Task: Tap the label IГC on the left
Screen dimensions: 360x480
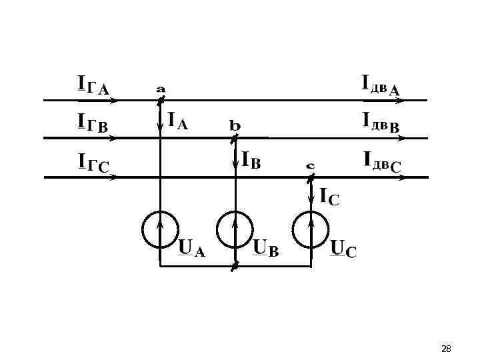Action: tap(93, 163)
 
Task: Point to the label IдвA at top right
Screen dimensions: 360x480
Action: tap(381, 84)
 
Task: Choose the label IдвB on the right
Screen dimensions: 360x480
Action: tap(381, 121)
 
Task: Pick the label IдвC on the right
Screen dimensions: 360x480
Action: tap(382, 161)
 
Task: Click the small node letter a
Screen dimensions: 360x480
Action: tap(161, 88)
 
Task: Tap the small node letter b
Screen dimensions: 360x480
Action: tap(235, 125)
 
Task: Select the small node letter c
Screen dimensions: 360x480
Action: tap(311, 165)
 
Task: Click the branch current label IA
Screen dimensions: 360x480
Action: tap(178, 121)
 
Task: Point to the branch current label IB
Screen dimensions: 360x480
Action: tap(251, 161)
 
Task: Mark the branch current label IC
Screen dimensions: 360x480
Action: tap(329, 197)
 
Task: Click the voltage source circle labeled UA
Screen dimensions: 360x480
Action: tap(160, 229)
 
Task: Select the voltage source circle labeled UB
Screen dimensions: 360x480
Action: tap(235, 229)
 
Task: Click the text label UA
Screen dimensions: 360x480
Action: tap(192, 248)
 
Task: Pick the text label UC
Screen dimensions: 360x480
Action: tap(344, 249)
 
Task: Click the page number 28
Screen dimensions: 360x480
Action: tap(447, 349)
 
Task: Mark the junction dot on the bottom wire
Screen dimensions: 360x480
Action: tap(235, 266)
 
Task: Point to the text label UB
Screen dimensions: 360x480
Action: tap(267, 249)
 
